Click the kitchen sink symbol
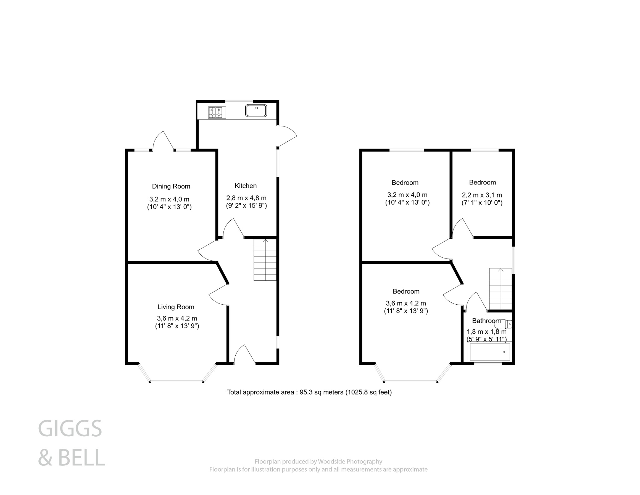click(256, 110)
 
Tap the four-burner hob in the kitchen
click(217, 112)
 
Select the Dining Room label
click(171, 186)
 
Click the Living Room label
click(176, 307)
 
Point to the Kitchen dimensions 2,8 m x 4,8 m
click(246, 198)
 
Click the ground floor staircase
click(265, 260)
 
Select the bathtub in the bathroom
click(490, 352)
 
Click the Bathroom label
click(486, 321)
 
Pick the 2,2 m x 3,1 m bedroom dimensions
click(482, 195)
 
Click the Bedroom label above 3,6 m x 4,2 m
click(406, 291)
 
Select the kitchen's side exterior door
click(287, 136)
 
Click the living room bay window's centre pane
click(177, 381)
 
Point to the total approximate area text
click(309, 392)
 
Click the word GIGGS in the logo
click(70, 429)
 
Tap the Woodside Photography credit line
click(318, 461)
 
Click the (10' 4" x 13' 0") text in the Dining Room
click(169, 207)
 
